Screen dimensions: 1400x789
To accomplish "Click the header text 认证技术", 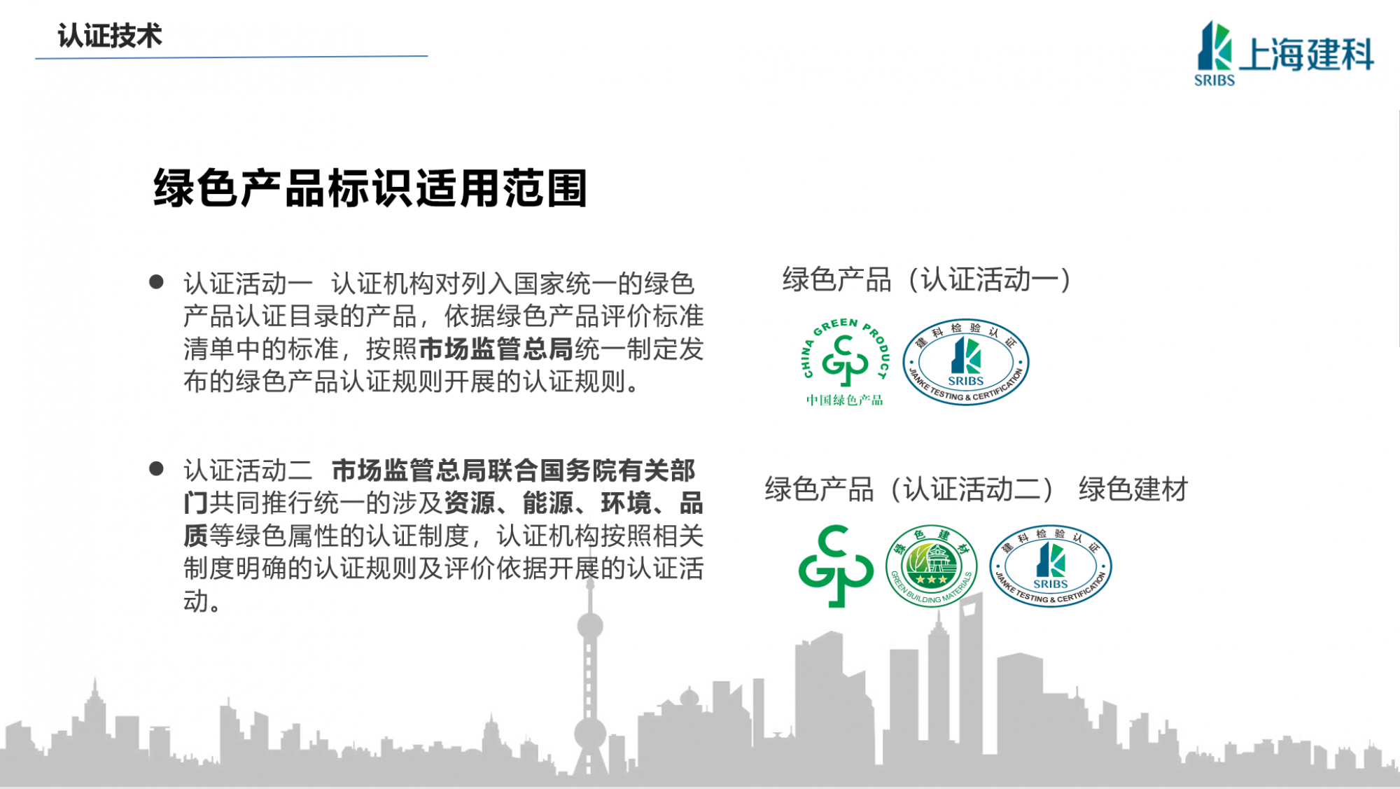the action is (x=110, y=36).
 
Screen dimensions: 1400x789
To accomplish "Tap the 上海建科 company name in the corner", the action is (x=1307, y=54).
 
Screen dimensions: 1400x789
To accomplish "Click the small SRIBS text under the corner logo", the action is (x=1214, y=81).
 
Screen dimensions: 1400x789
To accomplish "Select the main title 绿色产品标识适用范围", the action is (x=370, y=188).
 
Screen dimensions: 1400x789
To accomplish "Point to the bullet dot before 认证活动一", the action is (x=156, y=282).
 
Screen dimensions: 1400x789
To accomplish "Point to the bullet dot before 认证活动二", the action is (x=156, y=468).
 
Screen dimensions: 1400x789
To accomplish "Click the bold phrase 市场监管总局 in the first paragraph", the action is (x=496, y=349).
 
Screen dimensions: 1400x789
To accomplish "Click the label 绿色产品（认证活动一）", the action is (x=927, y=279).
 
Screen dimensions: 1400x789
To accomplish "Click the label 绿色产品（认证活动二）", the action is (x=909, y=489).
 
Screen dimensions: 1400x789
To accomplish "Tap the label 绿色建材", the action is (x=1133, y=489).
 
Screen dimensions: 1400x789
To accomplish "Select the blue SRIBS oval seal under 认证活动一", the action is (x=966, y=362).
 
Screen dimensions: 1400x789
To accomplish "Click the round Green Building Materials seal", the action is (x=931, y=566).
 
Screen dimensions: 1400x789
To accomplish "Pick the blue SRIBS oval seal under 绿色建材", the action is (x=1051, y=566).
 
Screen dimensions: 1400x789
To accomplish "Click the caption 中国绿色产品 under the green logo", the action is (x=844, y=400).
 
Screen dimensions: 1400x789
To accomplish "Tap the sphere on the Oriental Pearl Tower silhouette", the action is (x=590, y=626).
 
